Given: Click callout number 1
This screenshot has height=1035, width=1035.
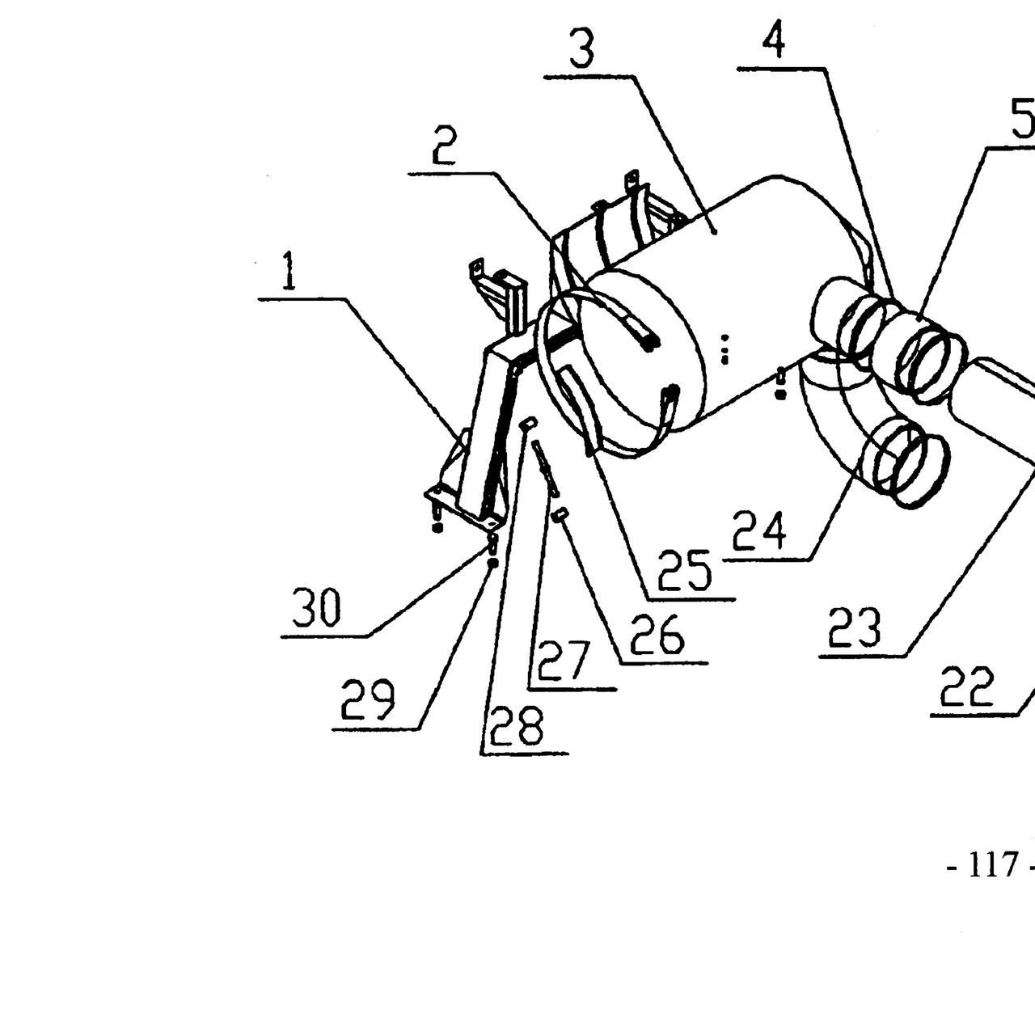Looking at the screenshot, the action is [x=289, y=270].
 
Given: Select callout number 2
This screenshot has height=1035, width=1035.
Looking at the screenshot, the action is [x=445, y=146].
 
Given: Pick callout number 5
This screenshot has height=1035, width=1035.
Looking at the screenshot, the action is [x=1023, y=119].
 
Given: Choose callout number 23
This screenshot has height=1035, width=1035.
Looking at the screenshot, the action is [x=855, y=627].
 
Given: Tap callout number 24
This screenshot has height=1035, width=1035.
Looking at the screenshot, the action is [x=759, y=530].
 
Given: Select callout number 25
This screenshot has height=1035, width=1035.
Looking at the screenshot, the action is [x=684, y=571].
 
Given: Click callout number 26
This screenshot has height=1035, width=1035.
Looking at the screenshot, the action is [x=657, y=634].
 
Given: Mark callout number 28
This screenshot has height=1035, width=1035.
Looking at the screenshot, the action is [x=517, y=726].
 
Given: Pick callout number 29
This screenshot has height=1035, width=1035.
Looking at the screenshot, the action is [x=368, y=700].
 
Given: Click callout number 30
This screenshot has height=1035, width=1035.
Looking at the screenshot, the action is [x=316, y=607].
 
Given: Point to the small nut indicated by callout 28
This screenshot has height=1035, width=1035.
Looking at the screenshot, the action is [x=527, y=423].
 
